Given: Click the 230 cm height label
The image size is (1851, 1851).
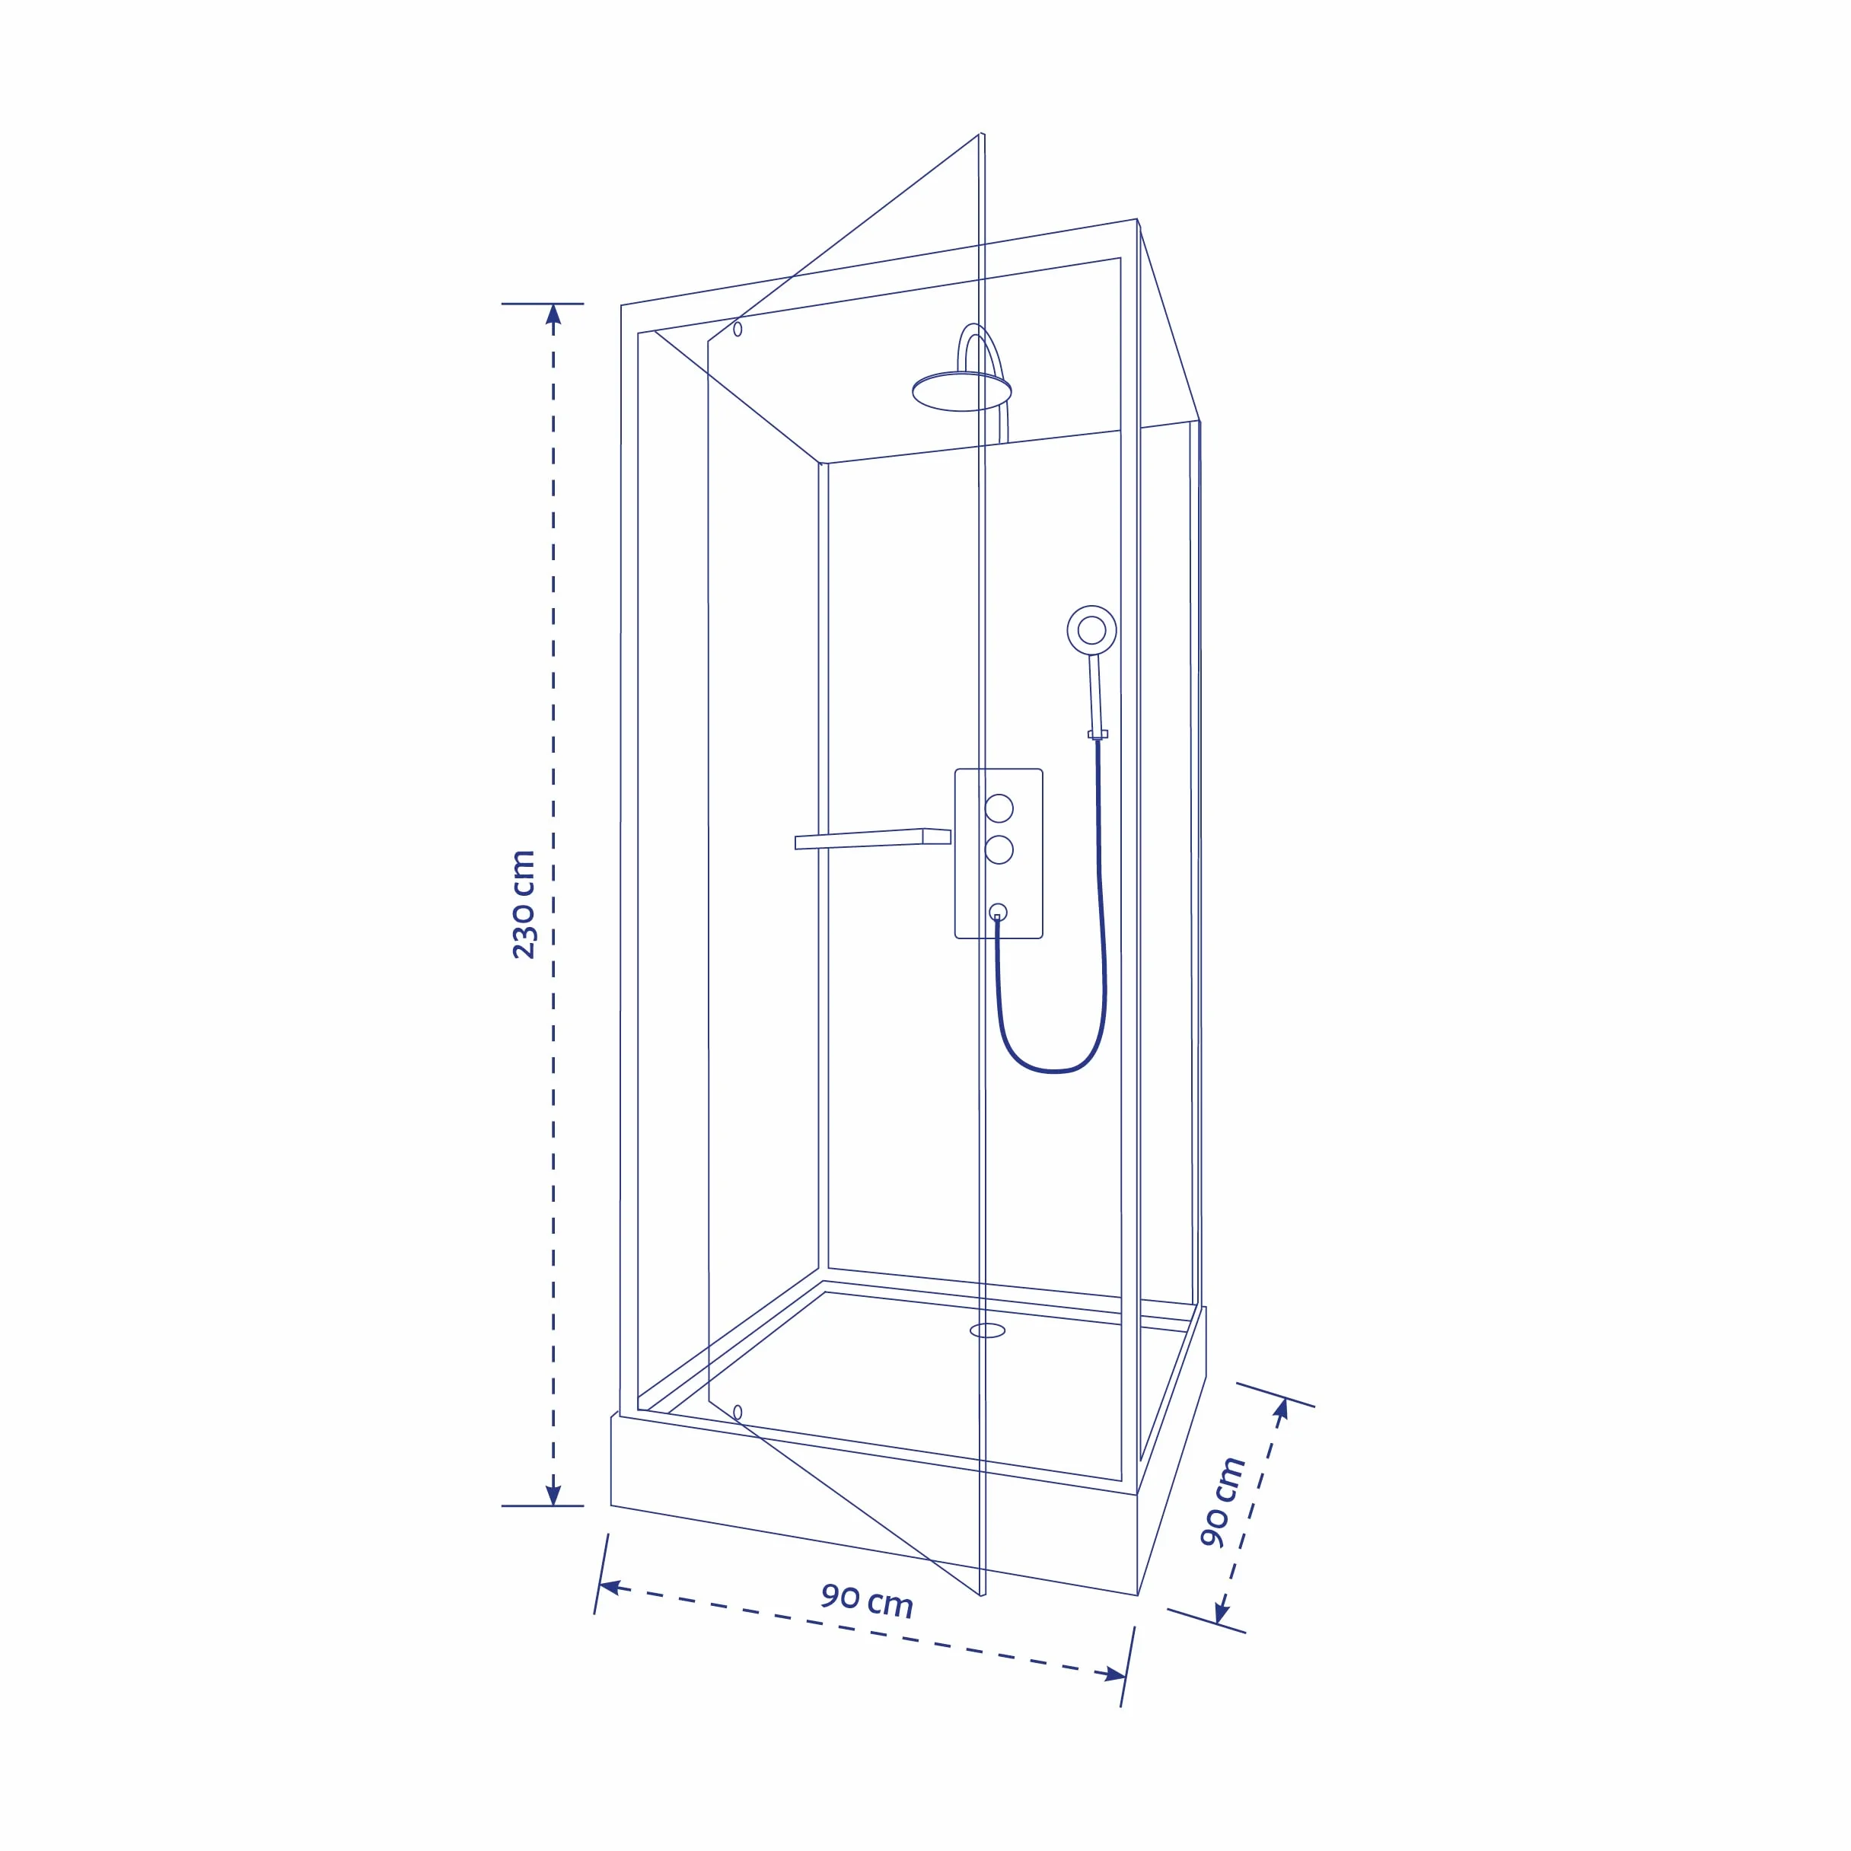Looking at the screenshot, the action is pyautogui.click(x=523, y=904).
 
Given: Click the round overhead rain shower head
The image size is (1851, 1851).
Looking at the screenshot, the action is pyautogui.click(x=962, y=392).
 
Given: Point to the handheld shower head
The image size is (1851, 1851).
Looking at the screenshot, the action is pyautogui.click(x=1091, y=629).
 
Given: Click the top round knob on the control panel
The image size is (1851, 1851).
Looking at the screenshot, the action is pyautogui.click(x=999, y=808).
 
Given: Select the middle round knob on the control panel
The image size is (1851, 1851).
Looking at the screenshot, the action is pyautogui.click(x=999, y=849).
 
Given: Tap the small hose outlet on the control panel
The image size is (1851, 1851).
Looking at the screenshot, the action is pyautogui.click(x=999, y=912).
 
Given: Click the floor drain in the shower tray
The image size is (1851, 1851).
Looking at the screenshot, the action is pyautogui.click(x=988, y=1330).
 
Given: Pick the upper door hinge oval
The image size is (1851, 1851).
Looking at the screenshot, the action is pyautogui.click(x=738, y=329).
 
